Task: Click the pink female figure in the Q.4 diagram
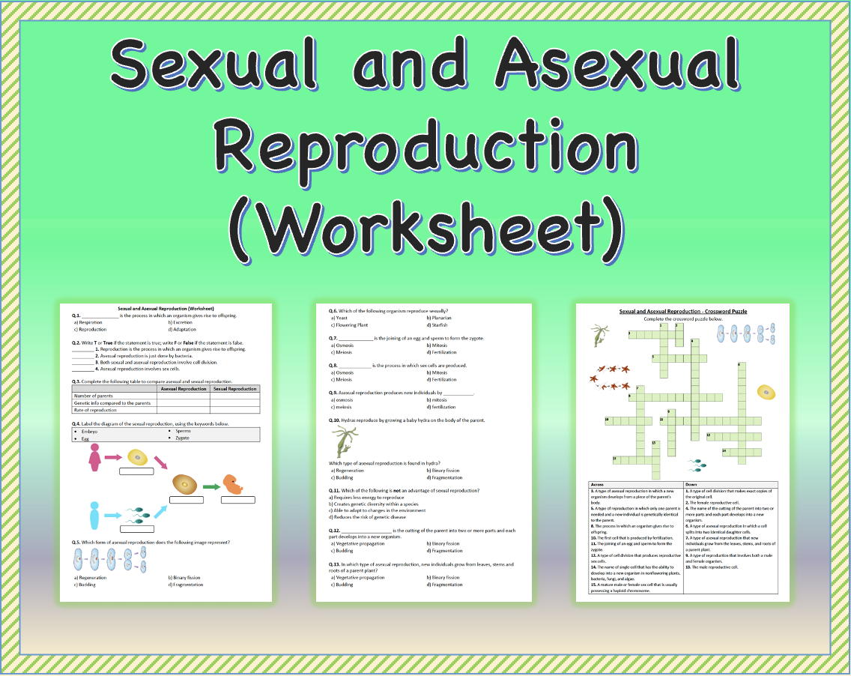95,458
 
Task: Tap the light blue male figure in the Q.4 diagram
94,516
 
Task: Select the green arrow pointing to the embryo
211,486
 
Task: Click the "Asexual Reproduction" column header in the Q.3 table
184,389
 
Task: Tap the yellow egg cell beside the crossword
765,393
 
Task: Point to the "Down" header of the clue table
691,484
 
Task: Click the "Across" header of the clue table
598,484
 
